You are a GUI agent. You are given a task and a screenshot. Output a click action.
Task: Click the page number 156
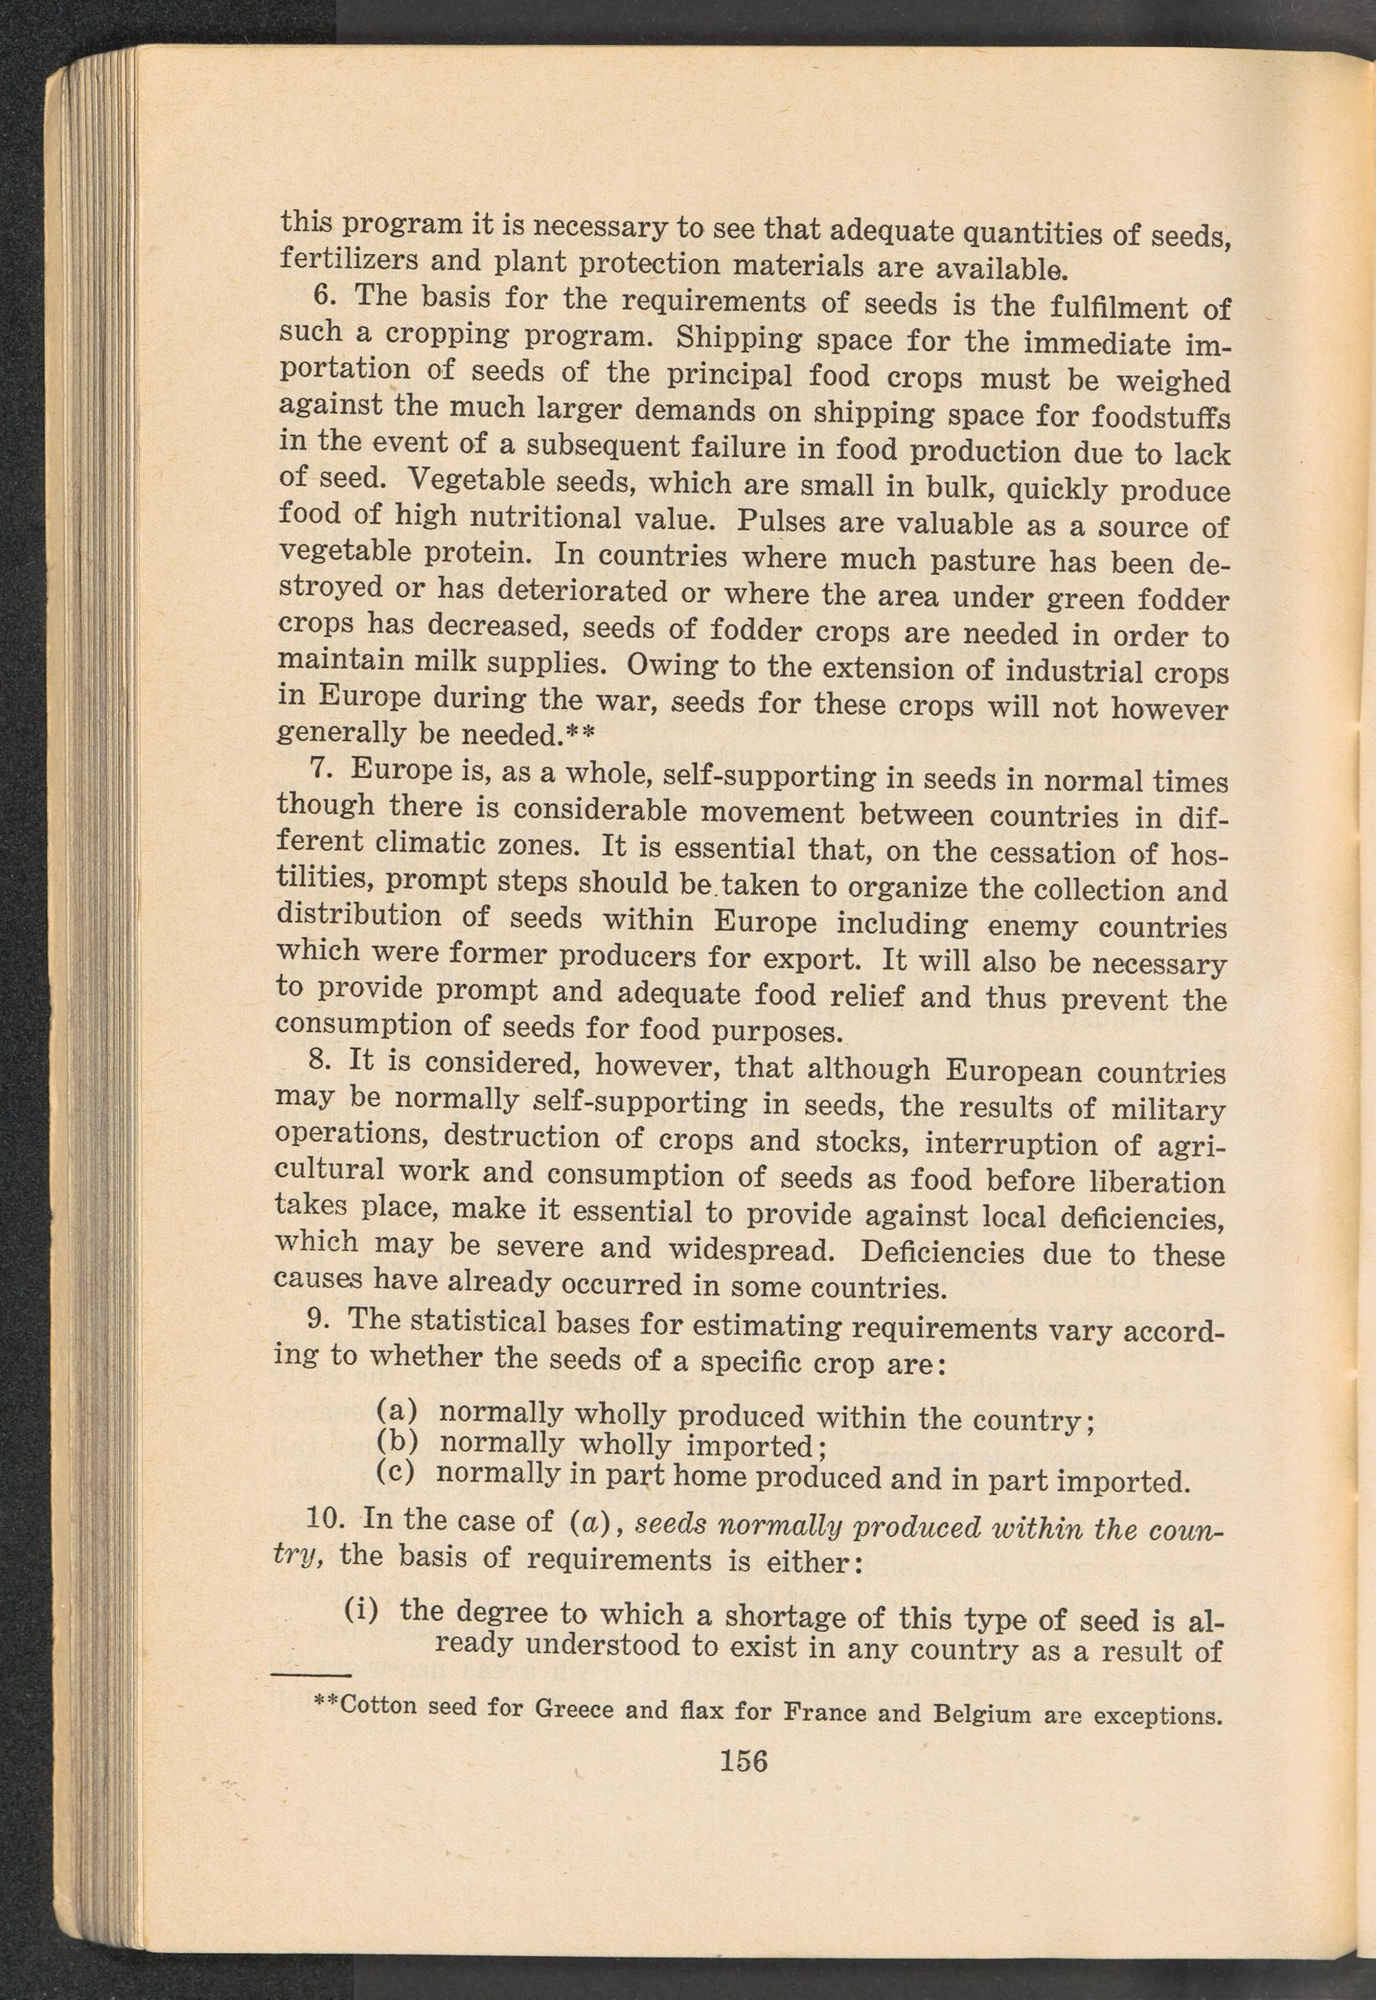point(743,1761)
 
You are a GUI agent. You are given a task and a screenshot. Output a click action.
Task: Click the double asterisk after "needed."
point(580,735)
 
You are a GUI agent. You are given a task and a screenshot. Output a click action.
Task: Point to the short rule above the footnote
point(310,1675)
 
